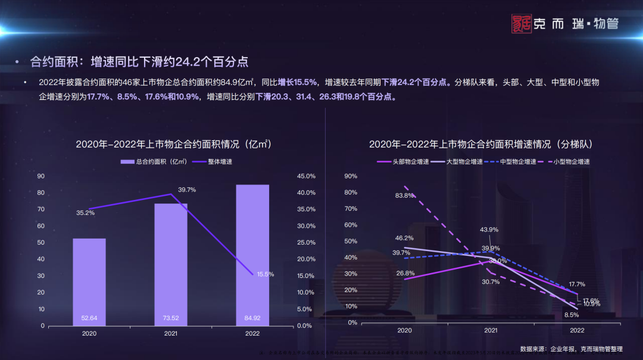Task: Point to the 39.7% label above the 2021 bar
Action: [187, 190]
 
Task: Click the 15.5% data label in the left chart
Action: [266, 274]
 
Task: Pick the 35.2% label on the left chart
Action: [86, 213]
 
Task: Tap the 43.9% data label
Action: [490, 230]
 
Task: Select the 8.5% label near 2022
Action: [572, 315]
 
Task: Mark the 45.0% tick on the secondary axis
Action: [306, 176]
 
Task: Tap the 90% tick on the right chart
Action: [351, 176]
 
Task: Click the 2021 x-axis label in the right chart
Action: [491, 330]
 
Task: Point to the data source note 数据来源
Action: [571, 349]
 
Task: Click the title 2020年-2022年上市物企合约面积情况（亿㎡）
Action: [173, 144]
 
